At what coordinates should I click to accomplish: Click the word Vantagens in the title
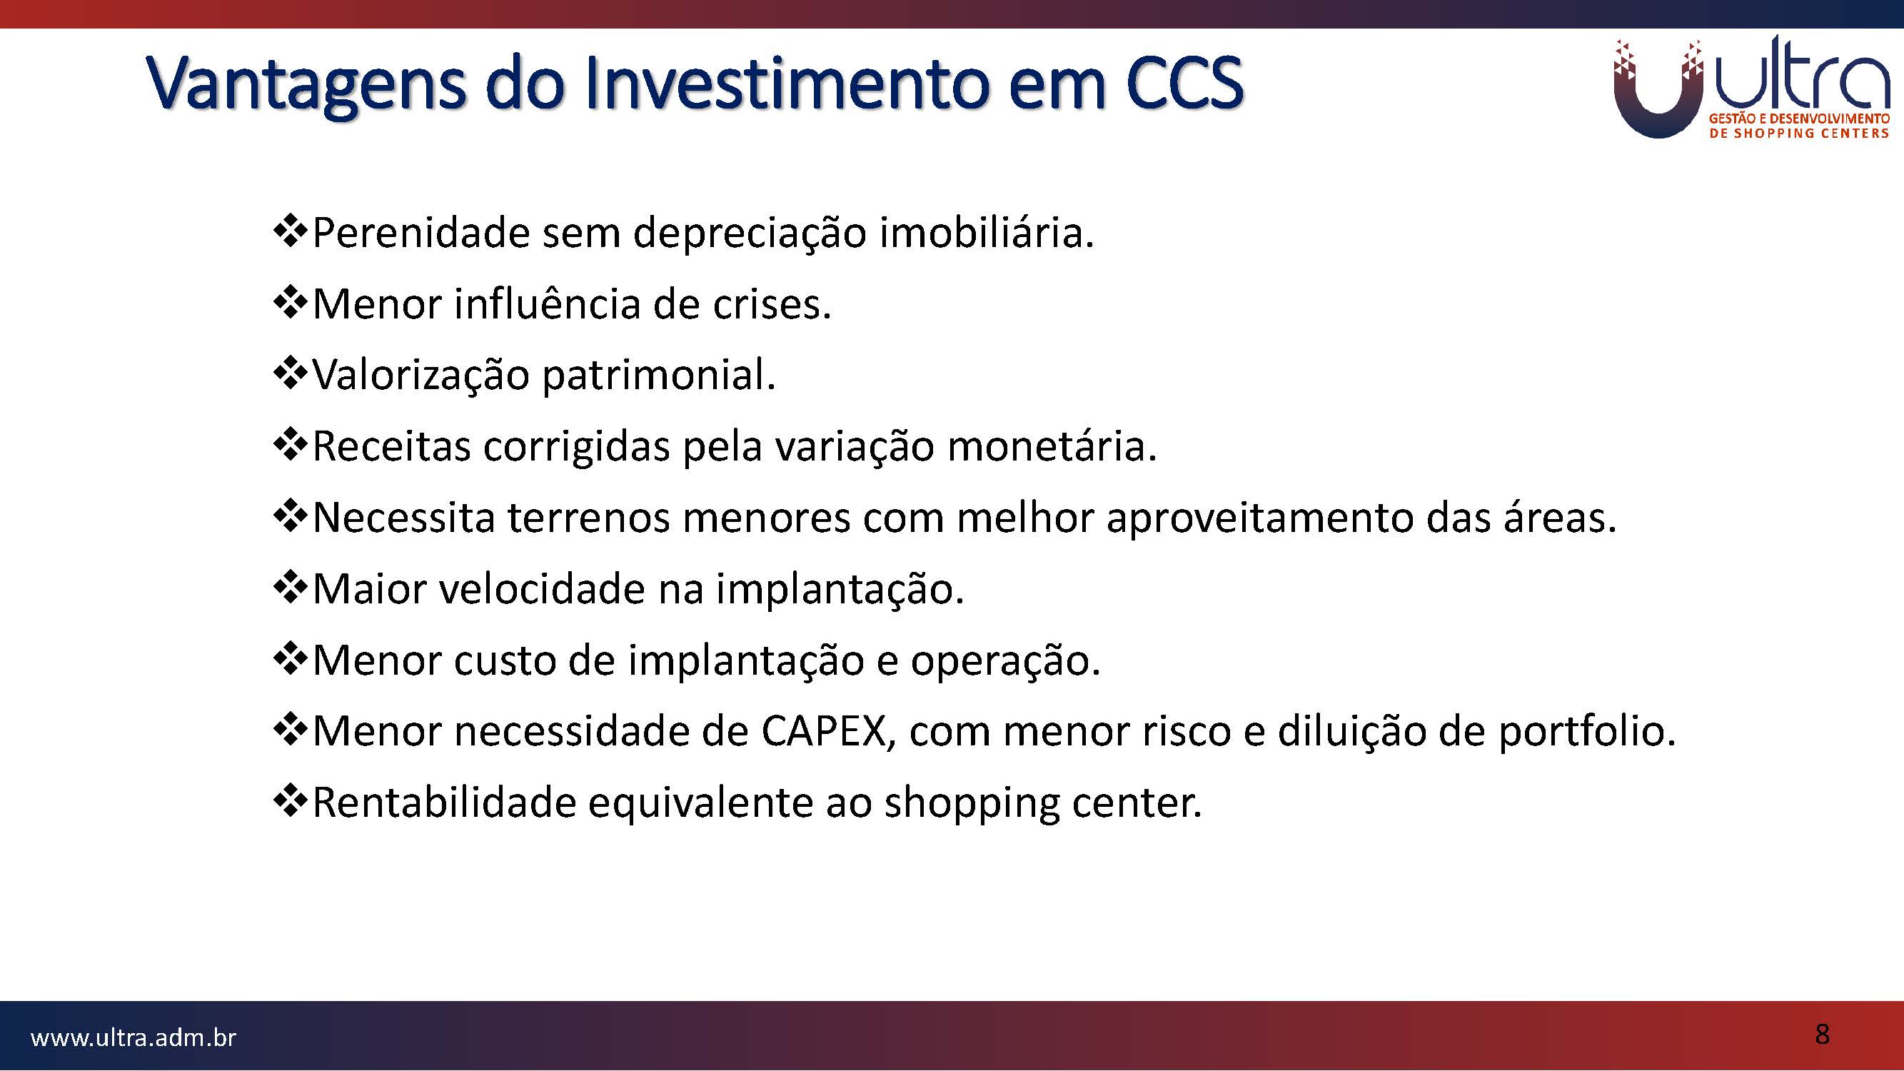[x=308, y=85]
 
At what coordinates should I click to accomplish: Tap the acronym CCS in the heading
[x=1185, y=82]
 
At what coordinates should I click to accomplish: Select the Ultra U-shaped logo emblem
[x=1658, y=89]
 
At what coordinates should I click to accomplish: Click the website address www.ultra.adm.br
[x=133, y=1037]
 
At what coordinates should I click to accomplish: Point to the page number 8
[x=1822, y=1034]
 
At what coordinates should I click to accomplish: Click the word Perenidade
[x=421, y=233]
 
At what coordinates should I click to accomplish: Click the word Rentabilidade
[x=444, y=803]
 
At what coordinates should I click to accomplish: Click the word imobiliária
[x=986, y=233]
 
